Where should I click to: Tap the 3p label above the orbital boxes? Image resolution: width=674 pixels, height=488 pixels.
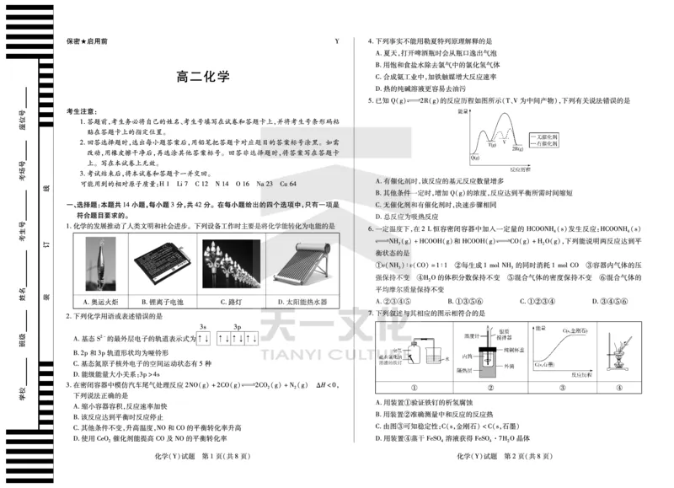tap(238, 326)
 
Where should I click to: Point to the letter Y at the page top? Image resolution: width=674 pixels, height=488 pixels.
tap(337, 40)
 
